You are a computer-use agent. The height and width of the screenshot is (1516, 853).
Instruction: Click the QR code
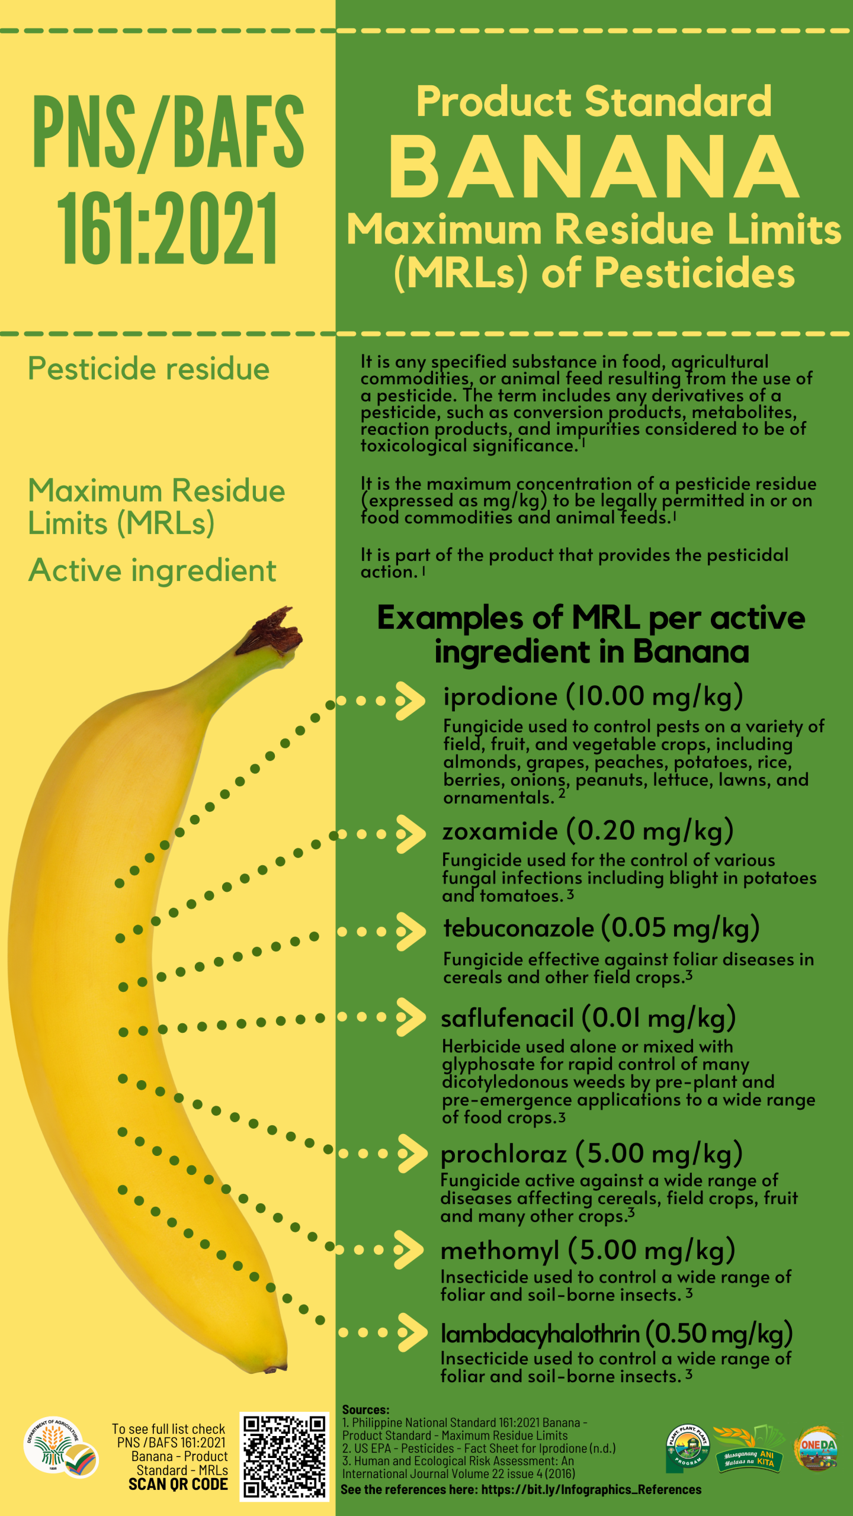click(284, 1456)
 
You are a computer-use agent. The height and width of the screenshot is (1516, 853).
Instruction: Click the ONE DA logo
click(817, 1448)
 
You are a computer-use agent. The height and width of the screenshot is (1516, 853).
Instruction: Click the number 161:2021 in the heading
click(168, 229)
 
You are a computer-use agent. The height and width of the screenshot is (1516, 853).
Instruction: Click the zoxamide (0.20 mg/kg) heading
click(588, 831)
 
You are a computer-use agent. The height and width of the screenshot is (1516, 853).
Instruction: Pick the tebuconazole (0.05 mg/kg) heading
click(601, 929)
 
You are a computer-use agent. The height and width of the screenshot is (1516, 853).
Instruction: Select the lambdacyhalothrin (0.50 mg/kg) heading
click(617, 1334)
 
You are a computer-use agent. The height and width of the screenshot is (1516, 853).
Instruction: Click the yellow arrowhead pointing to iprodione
click(411, 701)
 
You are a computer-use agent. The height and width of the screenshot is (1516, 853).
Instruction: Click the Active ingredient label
click(152, 571)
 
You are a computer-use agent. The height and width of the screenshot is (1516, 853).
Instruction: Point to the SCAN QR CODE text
click(178, 1484)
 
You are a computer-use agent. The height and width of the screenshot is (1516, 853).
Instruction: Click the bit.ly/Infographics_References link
click(591, 1490)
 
